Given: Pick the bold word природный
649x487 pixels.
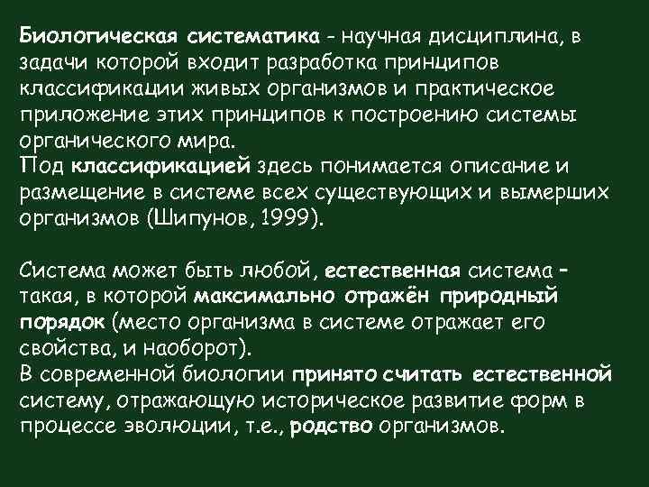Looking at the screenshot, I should [x=505, y=298].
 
